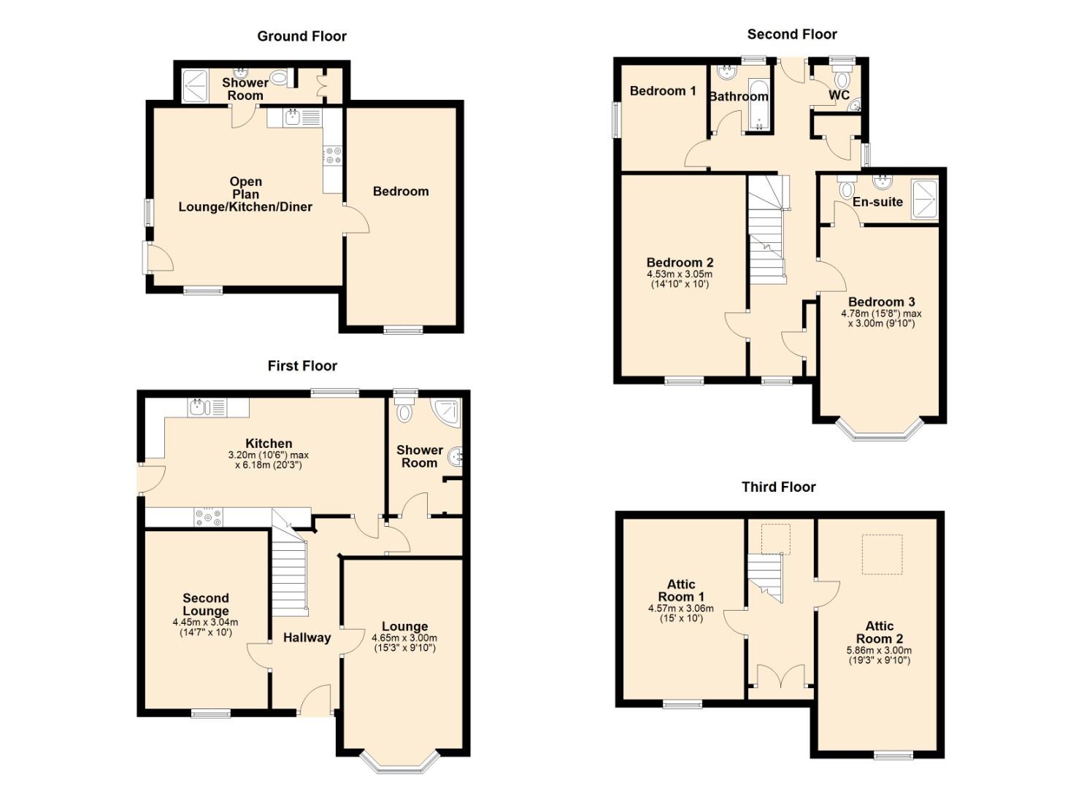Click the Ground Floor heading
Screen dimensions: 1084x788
pos(301,36)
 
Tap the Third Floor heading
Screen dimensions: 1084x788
pos(778,487)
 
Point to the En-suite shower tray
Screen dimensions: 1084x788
pos(925,199)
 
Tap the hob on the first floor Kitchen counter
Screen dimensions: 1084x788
pos(209,517)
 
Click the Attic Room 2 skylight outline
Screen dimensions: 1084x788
pos(883,555)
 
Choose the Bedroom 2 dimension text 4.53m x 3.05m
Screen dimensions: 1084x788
pos(680,274)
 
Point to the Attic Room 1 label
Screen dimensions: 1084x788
pos(681,590)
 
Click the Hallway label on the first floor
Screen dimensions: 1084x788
pos(307,638)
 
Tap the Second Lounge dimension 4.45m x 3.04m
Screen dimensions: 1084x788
pos(205,622)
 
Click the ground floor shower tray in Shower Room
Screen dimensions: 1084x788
pos(196,85)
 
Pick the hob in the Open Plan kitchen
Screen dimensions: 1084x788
pos(334,155)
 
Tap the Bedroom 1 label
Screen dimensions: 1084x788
pos(663,91)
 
